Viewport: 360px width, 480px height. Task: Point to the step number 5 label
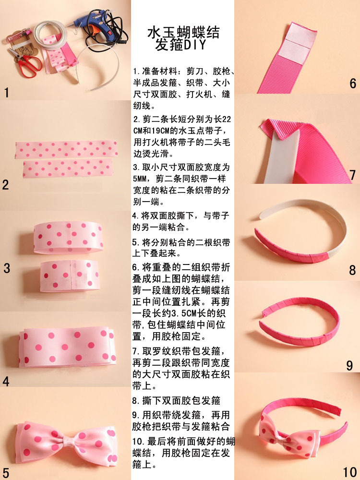coord(6,472)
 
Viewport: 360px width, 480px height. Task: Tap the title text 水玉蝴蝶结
coord(184,33)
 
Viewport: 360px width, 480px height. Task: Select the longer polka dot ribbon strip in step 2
coord(67,150)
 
